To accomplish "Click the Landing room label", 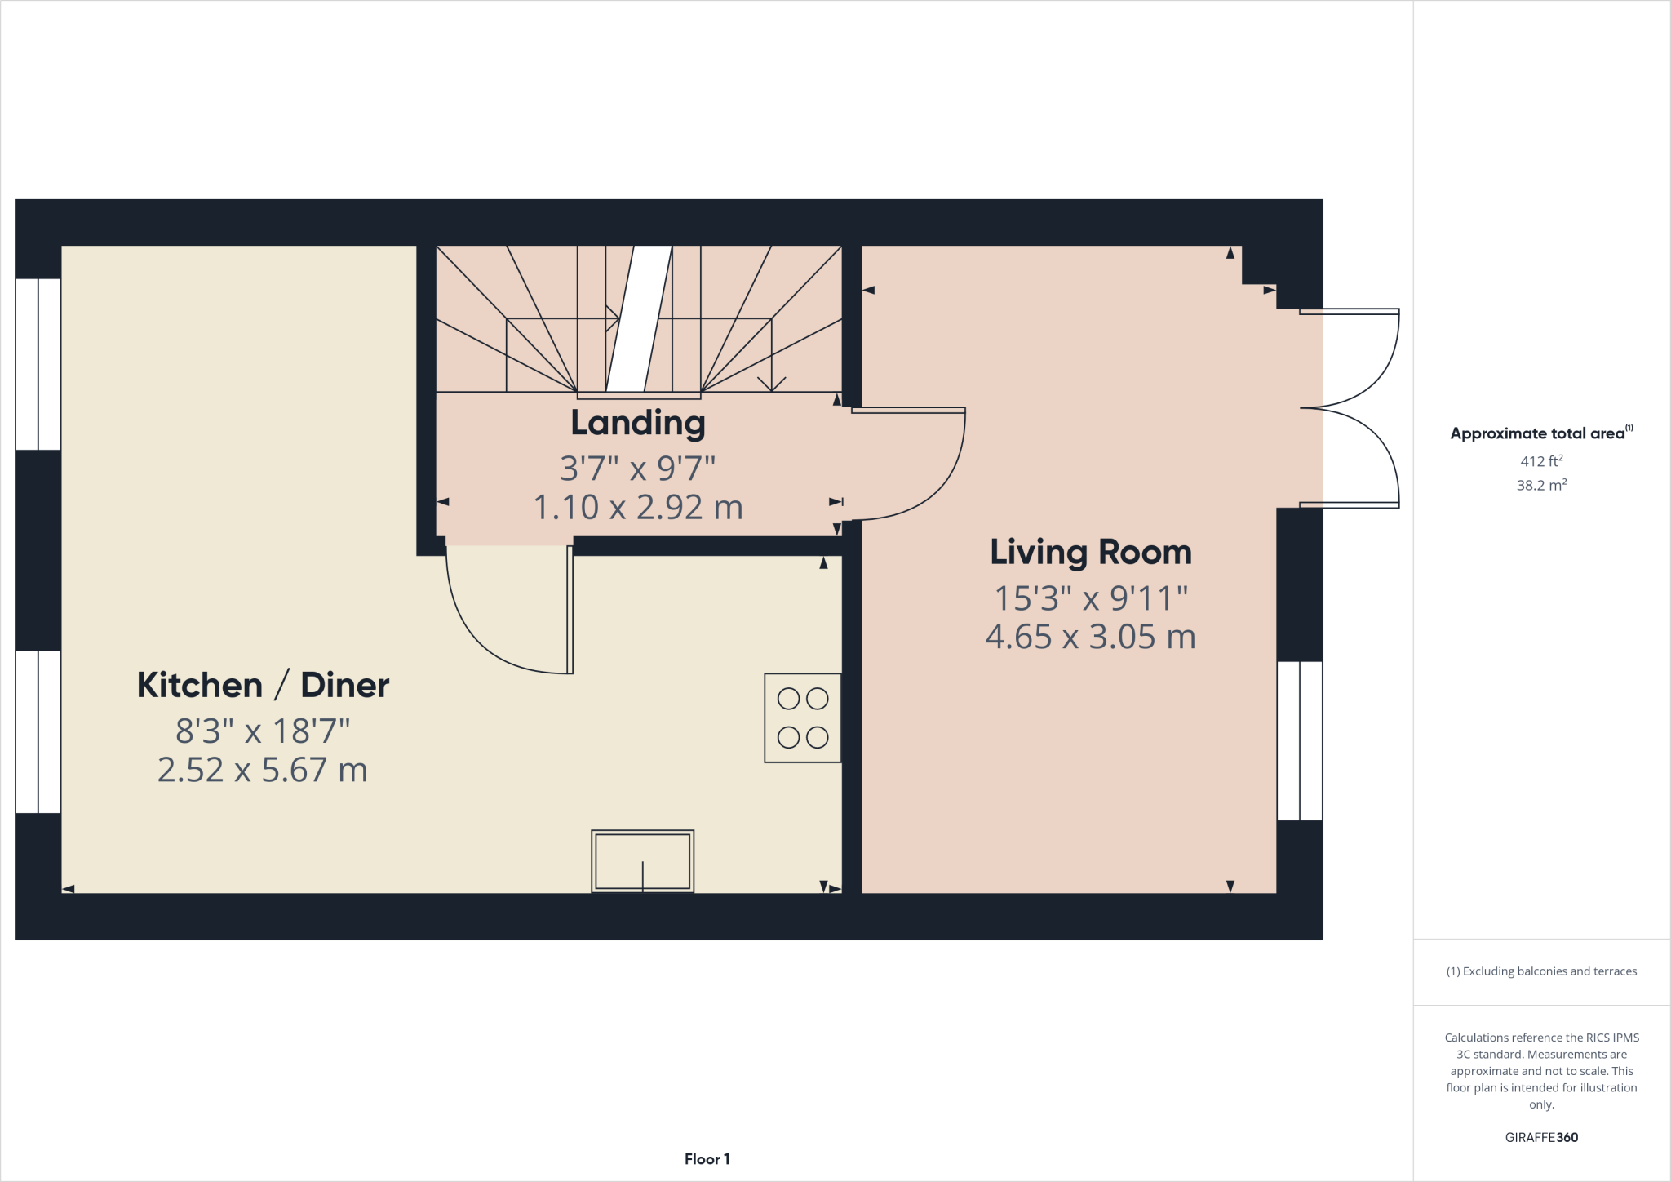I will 638,424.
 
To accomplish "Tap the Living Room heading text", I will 1091,553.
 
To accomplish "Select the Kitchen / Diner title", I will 263,685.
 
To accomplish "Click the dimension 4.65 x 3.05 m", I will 1091,637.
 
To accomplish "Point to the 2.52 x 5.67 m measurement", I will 263,770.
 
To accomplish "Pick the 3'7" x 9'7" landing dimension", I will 638,469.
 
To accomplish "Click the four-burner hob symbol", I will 803,718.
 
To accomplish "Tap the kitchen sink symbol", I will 643,861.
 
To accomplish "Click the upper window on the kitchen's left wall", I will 38,364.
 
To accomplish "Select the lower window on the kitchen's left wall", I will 38,731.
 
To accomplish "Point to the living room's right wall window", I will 1299,740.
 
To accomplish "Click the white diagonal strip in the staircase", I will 639,318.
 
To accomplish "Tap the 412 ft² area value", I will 1541,461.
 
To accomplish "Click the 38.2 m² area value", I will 1541,485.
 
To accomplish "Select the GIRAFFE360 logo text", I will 1541,1137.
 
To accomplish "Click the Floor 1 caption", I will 707,1159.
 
